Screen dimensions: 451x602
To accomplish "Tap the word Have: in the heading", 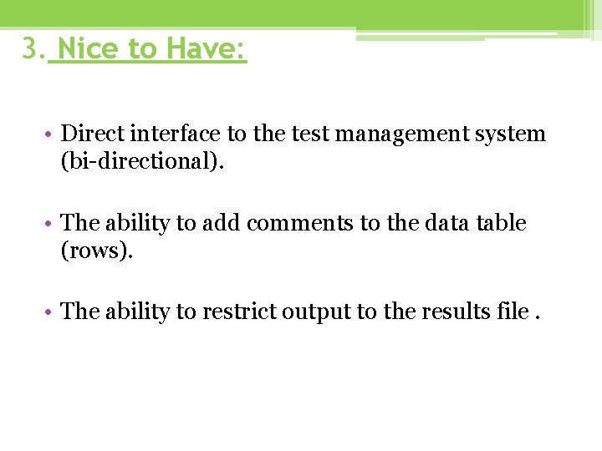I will tap(205, 49).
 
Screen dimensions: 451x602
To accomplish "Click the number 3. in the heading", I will tap(33, 49).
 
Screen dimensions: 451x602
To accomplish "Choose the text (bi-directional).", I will tap(142, 161).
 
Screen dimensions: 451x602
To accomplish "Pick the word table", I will tap(501, 223).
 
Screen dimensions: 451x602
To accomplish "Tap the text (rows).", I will tap(97, 251).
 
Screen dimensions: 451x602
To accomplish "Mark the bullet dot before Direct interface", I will tap(51, 134).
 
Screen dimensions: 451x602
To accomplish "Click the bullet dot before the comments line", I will tap(51, 224).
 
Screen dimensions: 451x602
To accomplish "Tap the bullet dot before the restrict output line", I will tap(51, 312).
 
